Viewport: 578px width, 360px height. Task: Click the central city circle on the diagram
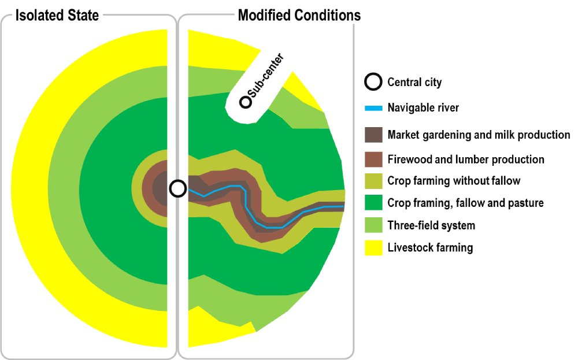pos(178,188)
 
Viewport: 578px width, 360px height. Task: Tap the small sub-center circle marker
pos(246,102)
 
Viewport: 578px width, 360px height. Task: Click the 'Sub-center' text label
pos(266,75)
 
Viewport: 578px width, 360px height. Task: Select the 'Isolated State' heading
pos(57,16)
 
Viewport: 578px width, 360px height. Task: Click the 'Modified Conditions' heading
pos(299,16)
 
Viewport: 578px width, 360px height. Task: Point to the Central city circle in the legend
pos(373,82)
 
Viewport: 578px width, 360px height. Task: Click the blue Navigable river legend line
pos(373,108)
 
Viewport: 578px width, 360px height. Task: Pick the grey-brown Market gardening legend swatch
pos(373,135)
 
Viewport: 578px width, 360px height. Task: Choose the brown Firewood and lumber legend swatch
pos(373,159)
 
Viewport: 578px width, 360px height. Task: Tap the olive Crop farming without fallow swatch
pos(373,181)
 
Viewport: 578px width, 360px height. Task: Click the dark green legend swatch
pos(373,203)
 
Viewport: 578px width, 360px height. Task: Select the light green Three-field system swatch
pos(373,225)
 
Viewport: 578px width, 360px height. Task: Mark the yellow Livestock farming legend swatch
pos(373,248)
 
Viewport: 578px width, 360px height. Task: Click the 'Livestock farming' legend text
pos(430,248)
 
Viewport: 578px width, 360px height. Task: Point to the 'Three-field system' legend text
pos(431,225)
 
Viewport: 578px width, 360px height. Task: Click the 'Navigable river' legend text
pos(423,107)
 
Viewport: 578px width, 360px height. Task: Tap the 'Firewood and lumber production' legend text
pos(466,159)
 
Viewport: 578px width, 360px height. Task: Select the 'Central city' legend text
pos(414,82)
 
